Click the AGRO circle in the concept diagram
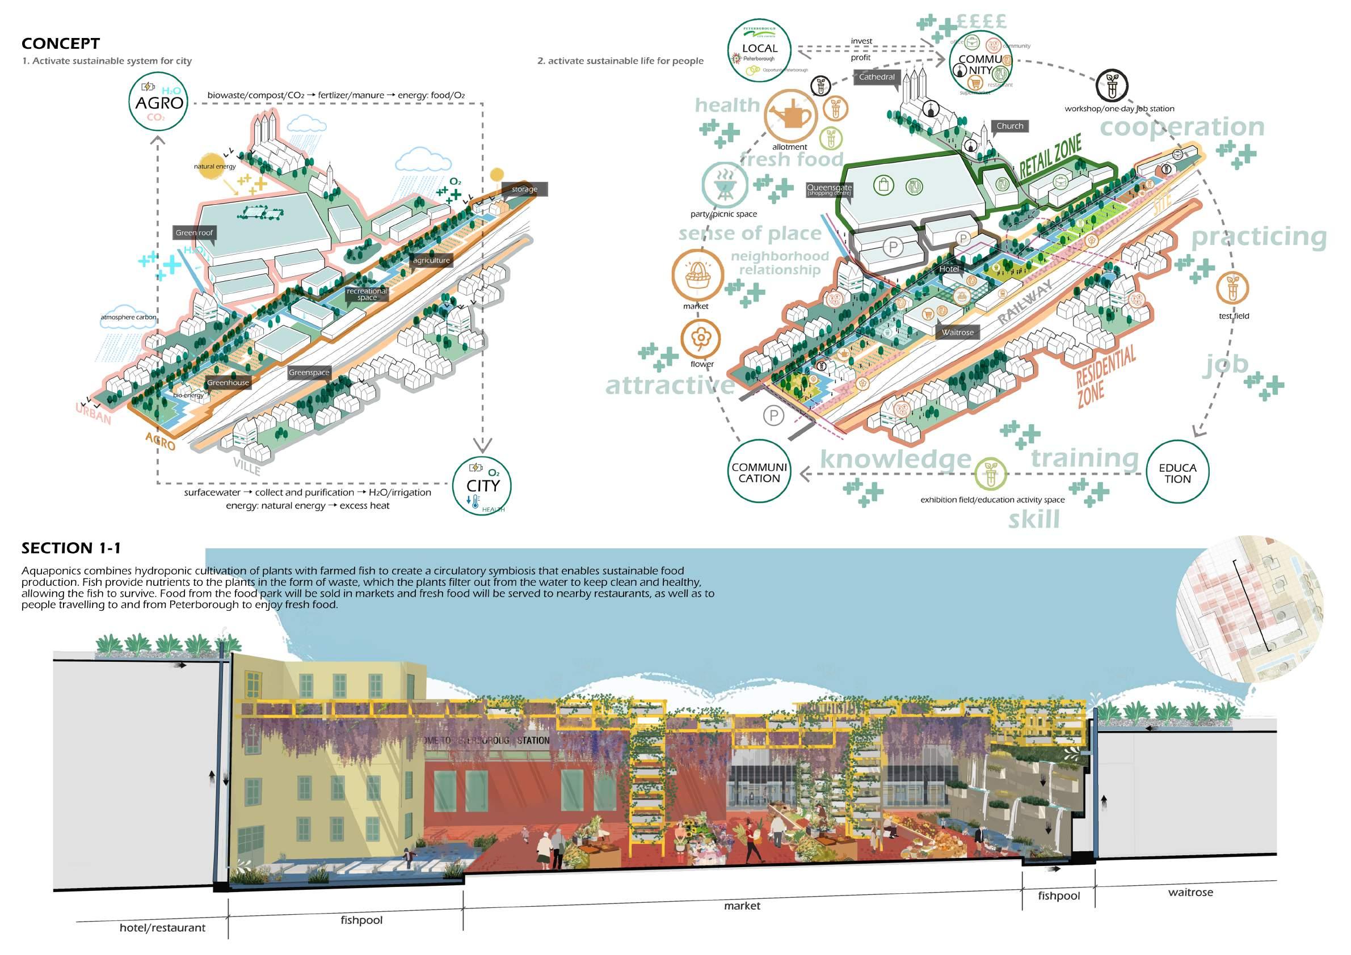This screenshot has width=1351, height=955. [159, 103]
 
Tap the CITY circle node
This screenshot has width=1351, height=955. [482, 486]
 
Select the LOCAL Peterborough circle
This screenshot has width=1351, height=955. [759, 50]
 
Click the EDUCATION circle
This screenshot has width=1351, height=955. [1177, 473]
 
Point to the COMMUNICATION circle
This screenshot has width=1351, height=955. [759, 472]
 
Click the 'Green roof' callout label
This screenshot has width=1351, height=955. [194, 233]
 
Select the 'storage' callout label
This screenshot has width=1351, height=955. [524, 189]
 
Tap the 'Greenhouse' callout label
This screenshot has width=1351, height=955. [228, 383]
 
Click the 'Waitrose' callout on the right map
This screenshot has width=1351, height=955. [957, 333]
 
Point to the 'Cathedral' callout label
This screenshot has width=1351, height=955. [877, 77]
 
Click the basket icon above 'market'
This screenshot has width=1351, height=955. [698, 276]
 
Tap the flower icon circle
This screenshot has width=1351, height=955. [701, 339]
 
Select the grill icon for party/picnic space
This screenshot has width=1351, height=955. [725, 184]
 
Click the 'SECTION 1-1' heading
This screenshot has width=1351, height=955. [71, 548]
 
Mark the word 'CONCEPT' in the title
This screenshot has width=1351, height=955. [61, 44]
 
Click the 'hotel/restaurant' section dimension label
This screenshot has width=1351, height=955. [162, 928]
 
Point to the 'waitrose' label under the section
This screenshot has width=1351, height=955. [1190, 892]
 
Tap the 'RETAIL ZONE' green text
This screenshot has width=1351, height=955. [1051, 157]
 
